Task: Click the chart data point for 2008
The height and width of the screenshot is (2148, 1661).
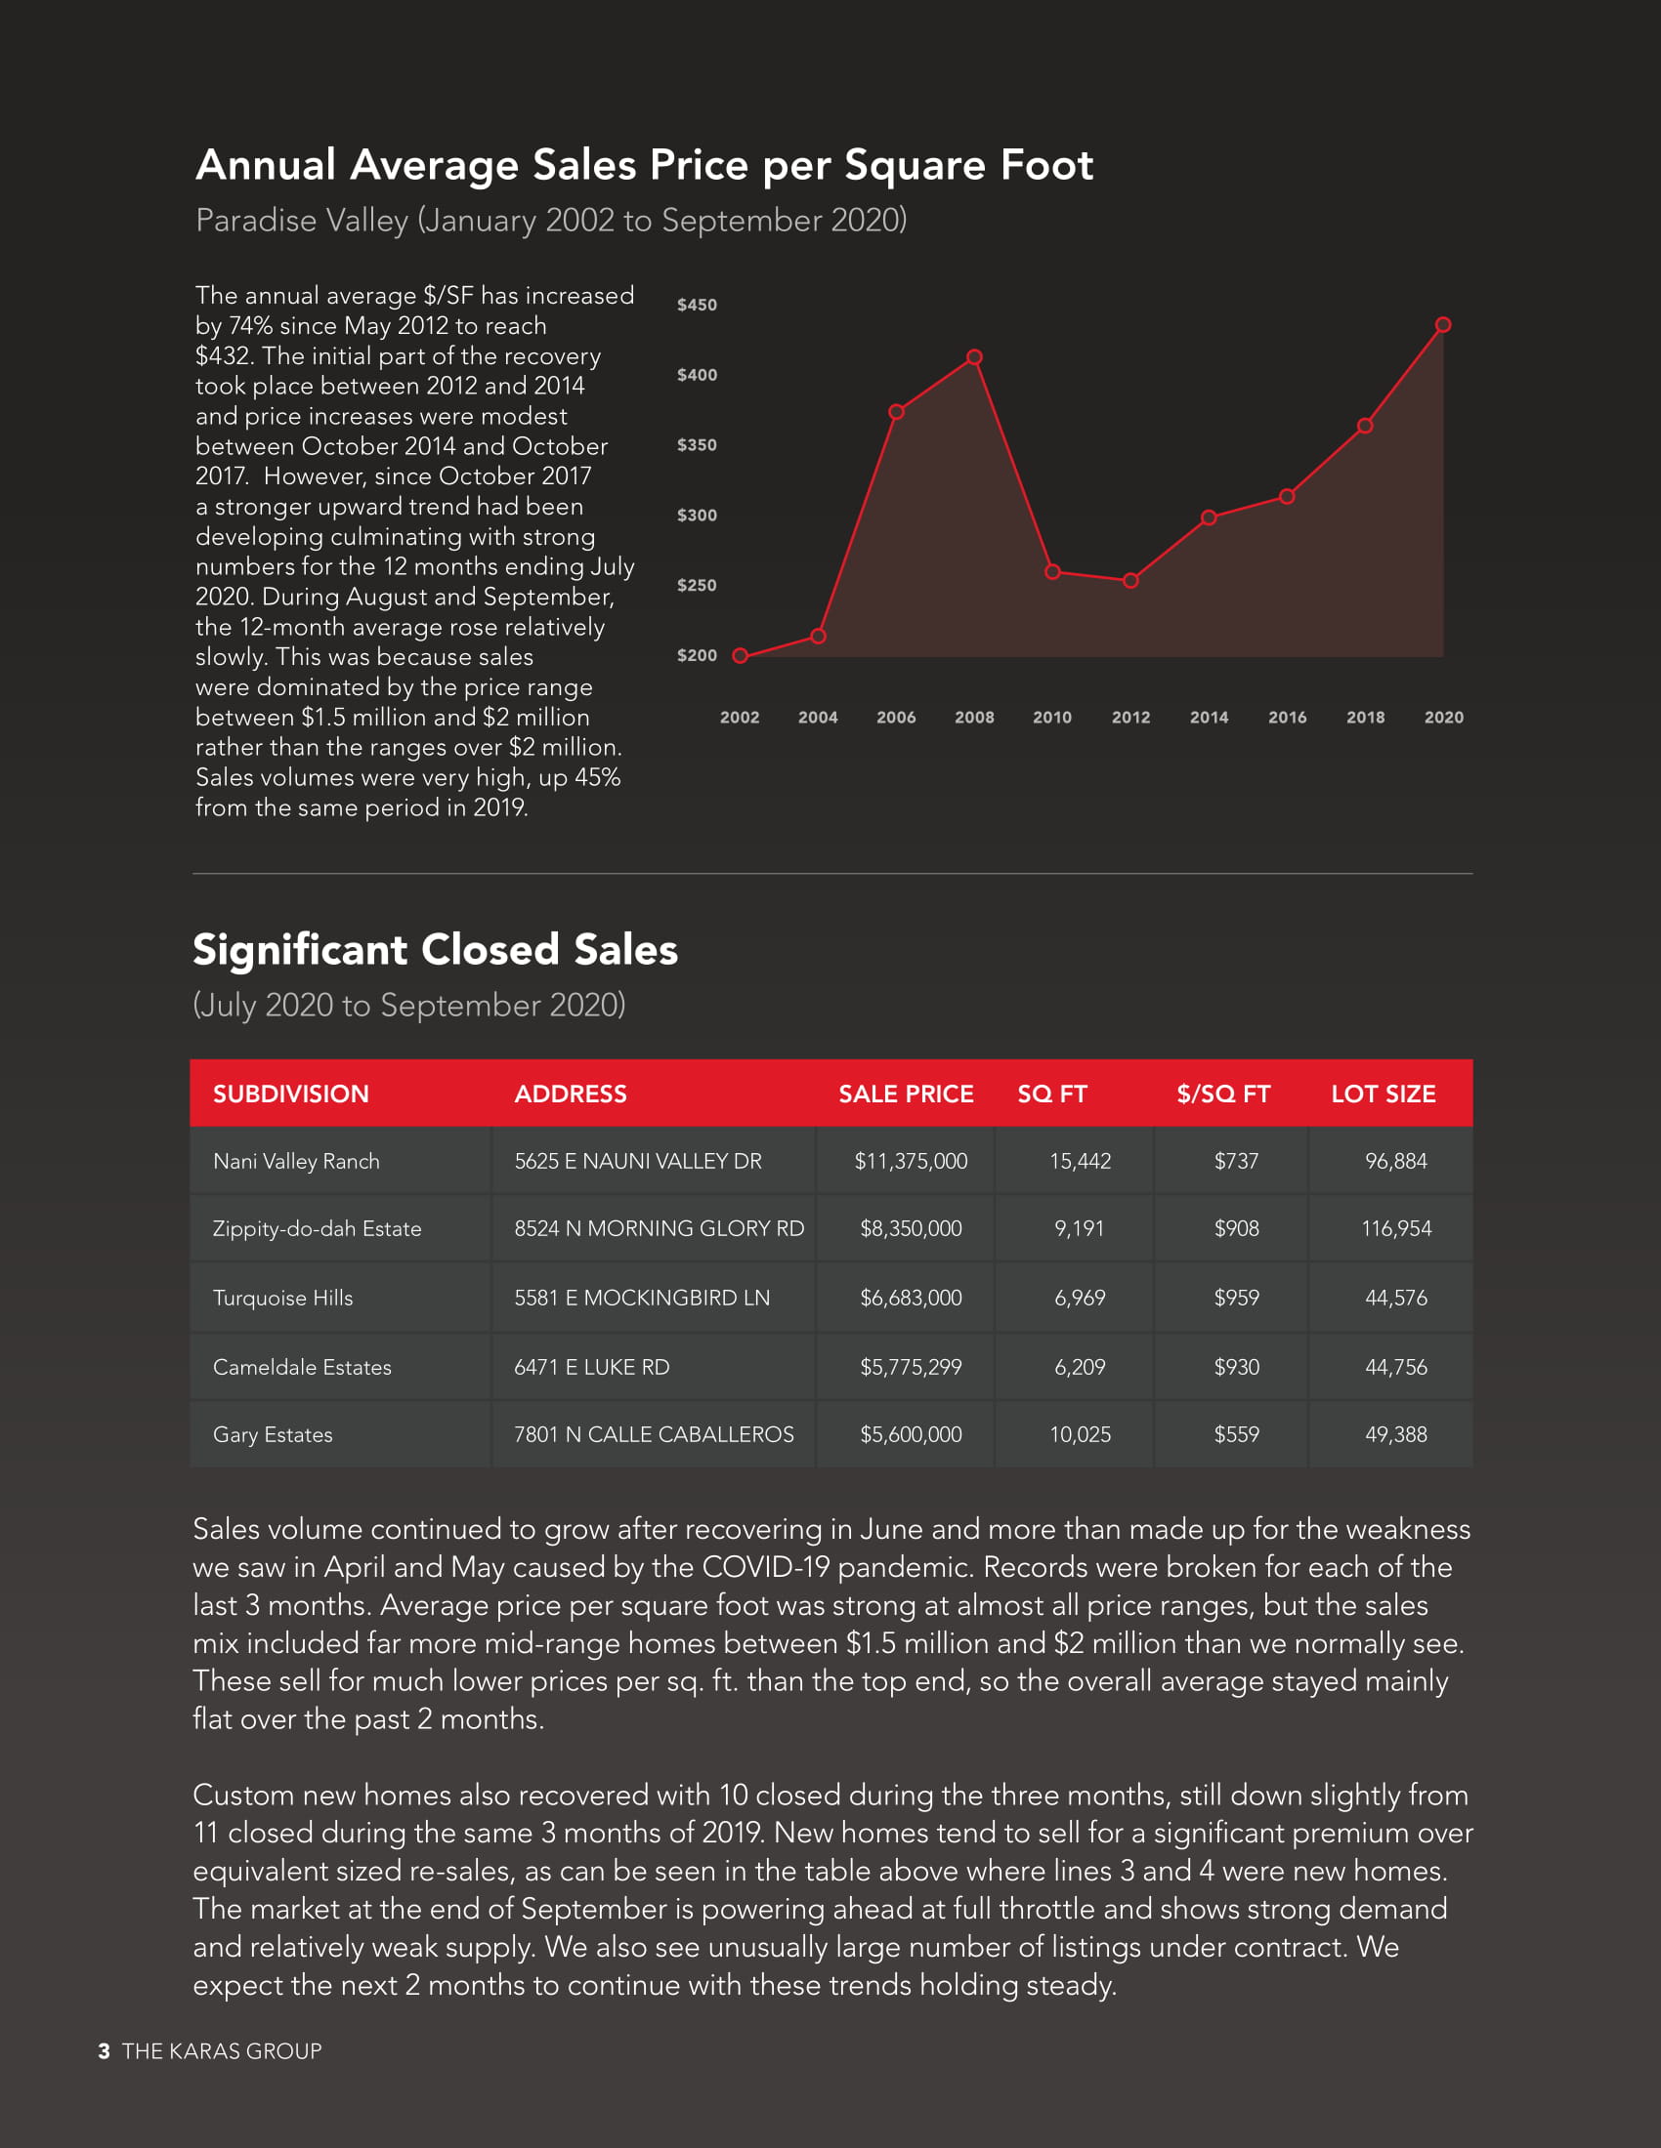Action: click(x=974, y=357)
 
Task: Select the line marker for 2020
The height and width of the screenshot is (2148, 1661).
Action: click(x=1443, y=324)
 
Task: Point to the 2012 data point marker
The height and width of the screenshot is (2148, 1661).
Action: click(x=1130, y=581)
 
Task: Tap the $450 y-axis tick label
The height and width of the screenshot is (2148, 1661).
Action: click(x=697, y=305)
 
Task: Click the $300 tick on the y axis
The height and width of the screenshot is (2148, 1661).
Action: click(x=697, y=516)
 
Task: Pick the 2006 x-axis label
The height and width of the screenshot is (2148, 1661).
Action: click(x=895, y=718)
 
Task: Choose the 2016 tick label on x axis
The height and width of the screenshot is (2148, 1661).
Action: click(x=1287, y=718)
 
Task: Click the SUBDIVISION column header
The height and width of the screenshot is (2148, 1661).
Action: click(x=290, y=1094)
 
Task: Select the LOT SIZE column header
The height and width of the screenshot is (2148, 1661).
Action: click(x=1383, y=1094)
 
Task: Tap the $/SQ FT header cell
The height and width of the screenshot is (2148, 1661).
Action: click(x=1223, y=1094)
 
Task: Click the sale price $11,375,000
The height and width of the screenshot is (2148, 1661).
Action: click(x=911, y=1162)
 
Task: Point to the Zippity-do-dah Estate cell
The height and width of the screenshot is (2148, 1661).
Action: click(x=317, y=1228)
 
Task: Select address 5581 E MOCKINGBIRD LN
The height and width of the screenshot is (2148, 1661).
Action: click(x=642, y=1299)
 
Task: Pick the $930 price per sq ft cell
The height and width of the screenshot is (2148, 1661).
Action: click(x=1236, y=1367)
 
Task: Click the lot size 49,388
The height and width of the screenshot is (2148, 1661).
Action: click(x=1395, y=1435)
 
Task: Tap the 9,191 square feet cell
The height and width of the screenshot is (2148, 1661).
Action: click(x=1080, y=1228)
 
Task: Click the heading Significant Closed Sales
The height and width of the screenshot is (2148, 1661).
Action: click(x=435, y=950)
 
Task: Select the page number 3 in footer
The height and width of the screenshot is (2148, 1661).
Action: click(x=105, y=2051)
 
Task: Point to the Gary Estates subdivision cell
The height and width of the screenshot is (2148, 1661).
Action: click(x=273, y=1435)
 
